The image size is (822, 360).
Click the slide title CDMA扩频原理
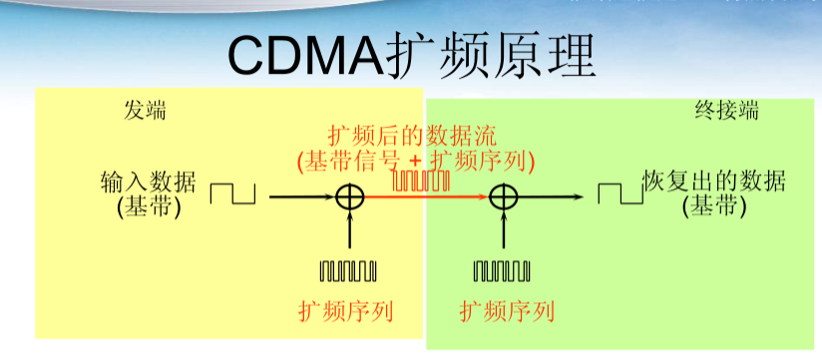point(411,55)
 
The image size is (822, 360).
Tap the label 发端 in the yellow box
point(145,111)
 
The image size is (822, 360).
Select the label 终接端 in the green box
point(726,111)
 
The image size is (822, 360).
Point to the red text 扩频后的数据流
point(412,136)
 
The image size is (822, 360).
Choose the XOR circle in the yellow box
point(349,196)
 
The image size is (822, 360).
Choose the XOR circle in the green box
point(502,196)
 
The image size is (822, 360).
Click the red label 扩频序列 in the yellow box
point(346,311)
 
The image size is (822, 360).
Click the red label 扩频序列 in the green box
point(507,311)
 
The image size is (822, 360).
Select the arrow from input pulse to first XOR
point(299,196)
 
